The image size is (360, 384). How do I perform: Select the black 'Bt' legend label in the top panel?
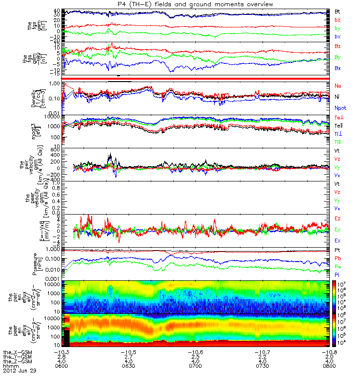(337, 11)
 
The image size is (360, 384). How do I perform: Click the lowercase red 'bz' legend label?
(337, 20)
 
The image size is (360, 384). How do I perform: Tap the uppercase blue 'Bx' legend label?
(338, 69)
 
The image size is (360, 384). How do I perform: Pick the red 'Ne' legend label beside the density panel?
(338, 85)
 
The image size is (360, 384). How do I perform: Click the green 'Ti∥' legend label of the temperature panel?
(338, 142)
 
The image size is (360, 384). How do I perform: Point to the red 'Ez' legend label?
(338, 218)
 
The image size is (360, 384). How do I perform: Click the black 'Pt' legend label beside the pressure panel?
(337, 250)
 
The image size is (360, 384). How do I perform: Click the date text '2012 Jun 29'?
(19, 371)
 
